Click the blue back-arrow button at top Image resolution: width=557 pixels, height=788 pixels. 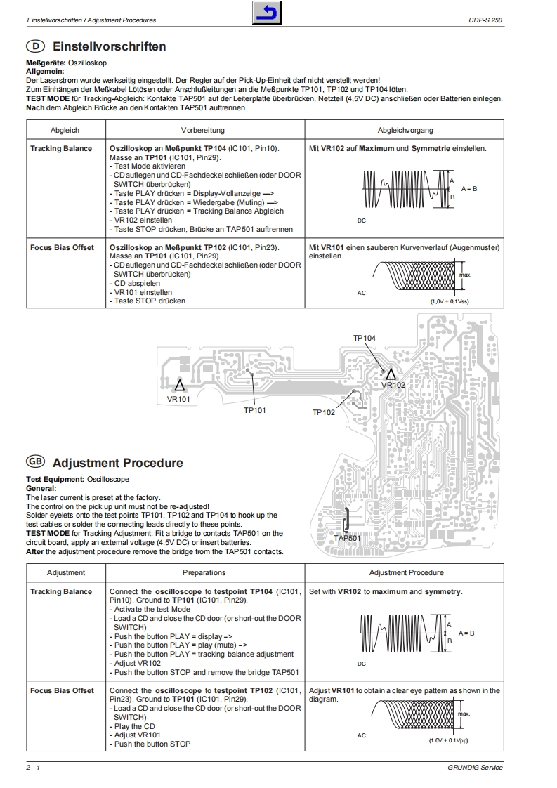click(x=267, y=13)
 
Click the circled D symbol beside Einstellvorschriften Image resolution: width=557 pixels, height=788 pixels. click(x=35, y=47)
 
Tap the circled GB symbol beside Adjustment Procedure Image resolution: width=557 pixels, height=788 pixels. click(x=35, y=462)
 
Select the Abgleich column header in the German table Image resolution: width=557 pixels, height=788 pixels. click(x=65, y=131)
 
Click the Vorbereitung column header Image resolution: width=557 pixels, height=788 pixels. click(x=202, y=131)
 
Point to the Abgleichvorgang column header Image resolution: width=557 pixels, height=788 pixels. click(x=405, y=131)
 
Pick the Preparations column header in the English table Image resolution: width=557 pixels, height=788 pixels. click(x=204, y=573)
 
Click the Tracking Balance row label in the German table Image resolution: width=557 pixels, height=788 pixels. click(x=61, y=149)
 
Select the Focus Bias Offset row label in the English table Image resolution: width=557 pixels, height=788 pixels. click(x=62, y=690)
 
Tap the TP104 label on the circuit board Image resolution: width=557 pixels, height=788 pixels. click(x=364, y=339)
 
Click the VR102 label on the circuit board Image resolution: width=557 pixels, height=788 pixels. click(x=393, y=385)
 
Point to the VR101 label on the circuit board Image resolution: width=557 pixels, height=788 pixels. click(x=178, y=399)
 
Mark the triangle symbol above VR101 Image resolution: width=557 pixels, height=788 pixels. click(x=180, y=385)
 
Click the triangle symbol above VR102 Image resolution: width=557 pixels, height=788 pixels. click(x=391, y=373)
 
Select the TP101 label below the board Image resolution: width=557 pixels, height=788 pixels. click(x=255, y=409)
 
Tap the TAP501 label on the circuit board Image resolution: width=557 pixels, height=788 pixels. click(x=347, y=538)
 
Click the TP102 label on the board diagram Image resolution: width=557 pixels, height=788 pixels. click(x=324, y=412)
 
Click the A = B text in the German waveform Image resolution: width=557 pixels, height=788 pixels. click(x=470, y=189)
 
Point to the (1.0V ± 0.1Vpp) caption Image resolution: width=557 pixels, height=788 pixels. click(x=449, y=740)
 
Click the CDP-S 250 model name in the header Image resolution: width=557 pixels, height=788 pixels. click(x=486, y=20)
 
